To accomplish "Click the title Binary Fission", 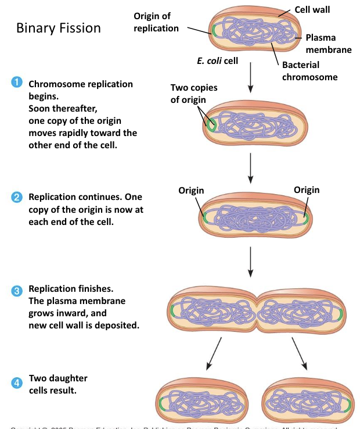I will pos(58,28).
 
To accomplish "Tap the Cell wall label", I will pos(312,10).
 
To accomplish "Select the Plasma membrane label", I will pos(329,44).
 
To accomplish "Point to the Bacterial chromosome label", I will pos(309,71).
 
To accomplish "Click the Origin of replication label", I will pos(156,22).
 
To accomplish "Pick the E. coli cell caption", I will pos(218,60).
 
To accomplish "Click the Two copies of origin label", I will pos(194,94).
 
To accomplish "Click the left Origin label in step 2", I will pos(191,190).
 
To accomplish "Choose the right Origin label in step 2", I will pos(306,190).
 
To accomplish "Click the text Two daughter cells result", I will pos(58,384).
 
